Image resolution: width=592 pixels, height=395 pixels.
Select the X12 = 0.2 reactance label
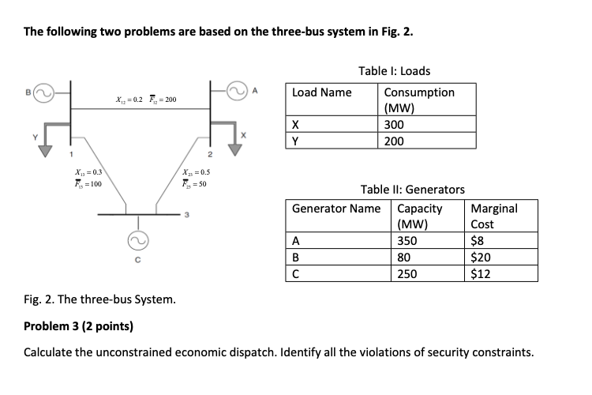pyautogui.click(x=128, y=100)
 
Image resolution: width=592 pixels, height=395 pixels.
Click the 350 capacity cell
pyautogui.click(x=408, y=242)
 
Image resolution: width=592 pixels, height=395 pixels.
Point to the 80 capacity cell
pyautogui.click(x=405, y=258)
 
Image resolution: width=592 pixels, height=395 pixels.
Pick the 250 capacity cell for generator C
pyautogui.click(x=408, y=274)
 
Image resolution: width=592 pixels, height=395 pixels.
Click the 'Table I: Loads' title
pyautogui.click(x=394, y=71)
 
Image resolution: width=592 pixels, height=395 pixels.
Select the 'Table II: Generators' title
pyautogui.click(x=412, y=190)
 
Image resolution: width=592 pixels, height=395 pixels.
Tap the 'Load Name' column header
pyautogui.click(x=322, y=92)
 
